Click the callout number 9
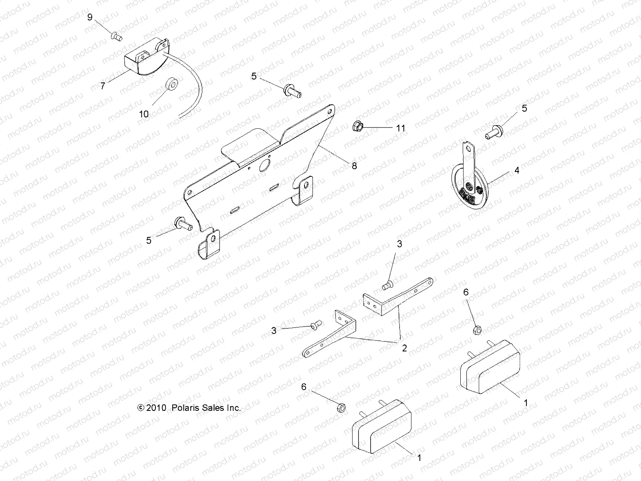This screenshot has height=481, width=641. coord(90,17)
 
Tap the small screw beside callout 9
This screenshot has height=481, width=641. coord(116,36)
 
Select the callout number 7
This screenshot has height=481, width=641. coord(103,86)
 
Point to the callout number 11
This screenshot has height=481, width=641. coord(401,128)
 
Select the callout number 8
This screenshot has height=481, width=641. coord(354,165)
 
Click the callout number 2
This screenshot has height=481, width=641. coord(404,348)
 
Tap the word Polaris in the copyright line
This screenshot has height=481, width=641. coord(185,408)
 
